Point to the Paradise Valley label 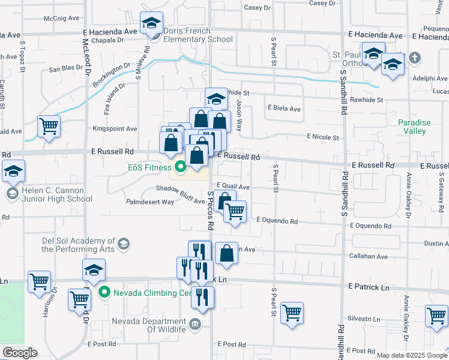(414, 127)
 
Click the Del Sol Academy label (78, 244)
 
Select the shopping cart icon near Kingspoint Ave (49, 126)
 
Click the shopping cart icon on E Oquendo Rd (235, 211)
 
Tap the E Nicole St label (323, 137)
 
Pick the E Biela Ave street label (284, 109)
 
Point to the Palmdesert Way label (149, 202)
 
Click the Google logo (20, 353)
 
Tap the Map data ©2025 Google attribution (412, 355)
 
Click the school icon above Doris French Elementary (152, 23)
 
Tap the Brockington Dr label (112, 74)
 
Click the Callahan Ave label (369, 256)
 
